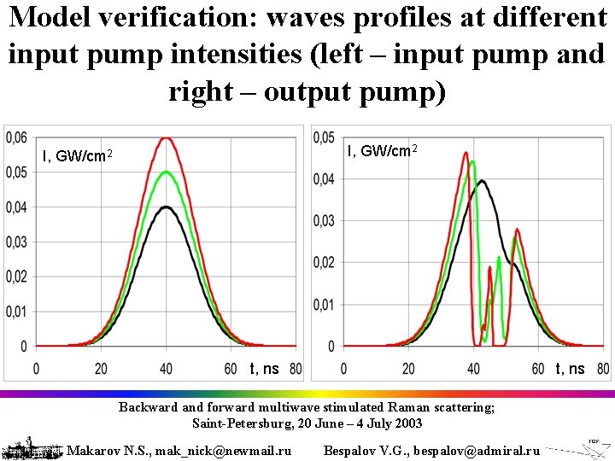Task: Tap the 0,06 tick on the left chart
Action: (x=15, y=137)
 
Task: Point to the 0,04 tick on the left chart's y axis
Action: (x=15, y=207)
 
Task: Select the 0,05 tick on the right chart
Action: (x=325, y=137)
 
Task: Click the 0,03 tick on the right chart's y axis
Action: (x=325, y=221)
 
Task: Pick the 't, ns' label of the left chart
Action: (x=264, y=369)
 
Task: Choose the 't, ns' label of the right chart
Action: (x=571, y=369)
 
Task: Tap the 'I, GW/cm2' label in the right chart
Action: (x=382, y=151)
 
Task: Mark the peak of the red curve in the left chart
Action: (x=167, y=137)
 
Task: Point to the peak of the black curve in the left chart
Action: (x=167, y=207)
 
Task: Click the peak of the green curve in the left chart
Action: (x=167, y=172)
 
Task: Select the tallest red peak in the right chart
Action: (x=466, y=153)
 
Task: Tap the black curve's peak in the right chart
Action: (x=483, y=180)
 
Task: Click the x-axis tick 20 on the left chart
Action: (x=101, y=369)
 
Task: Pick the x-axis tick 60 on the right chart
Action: (x=538, y=369)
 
